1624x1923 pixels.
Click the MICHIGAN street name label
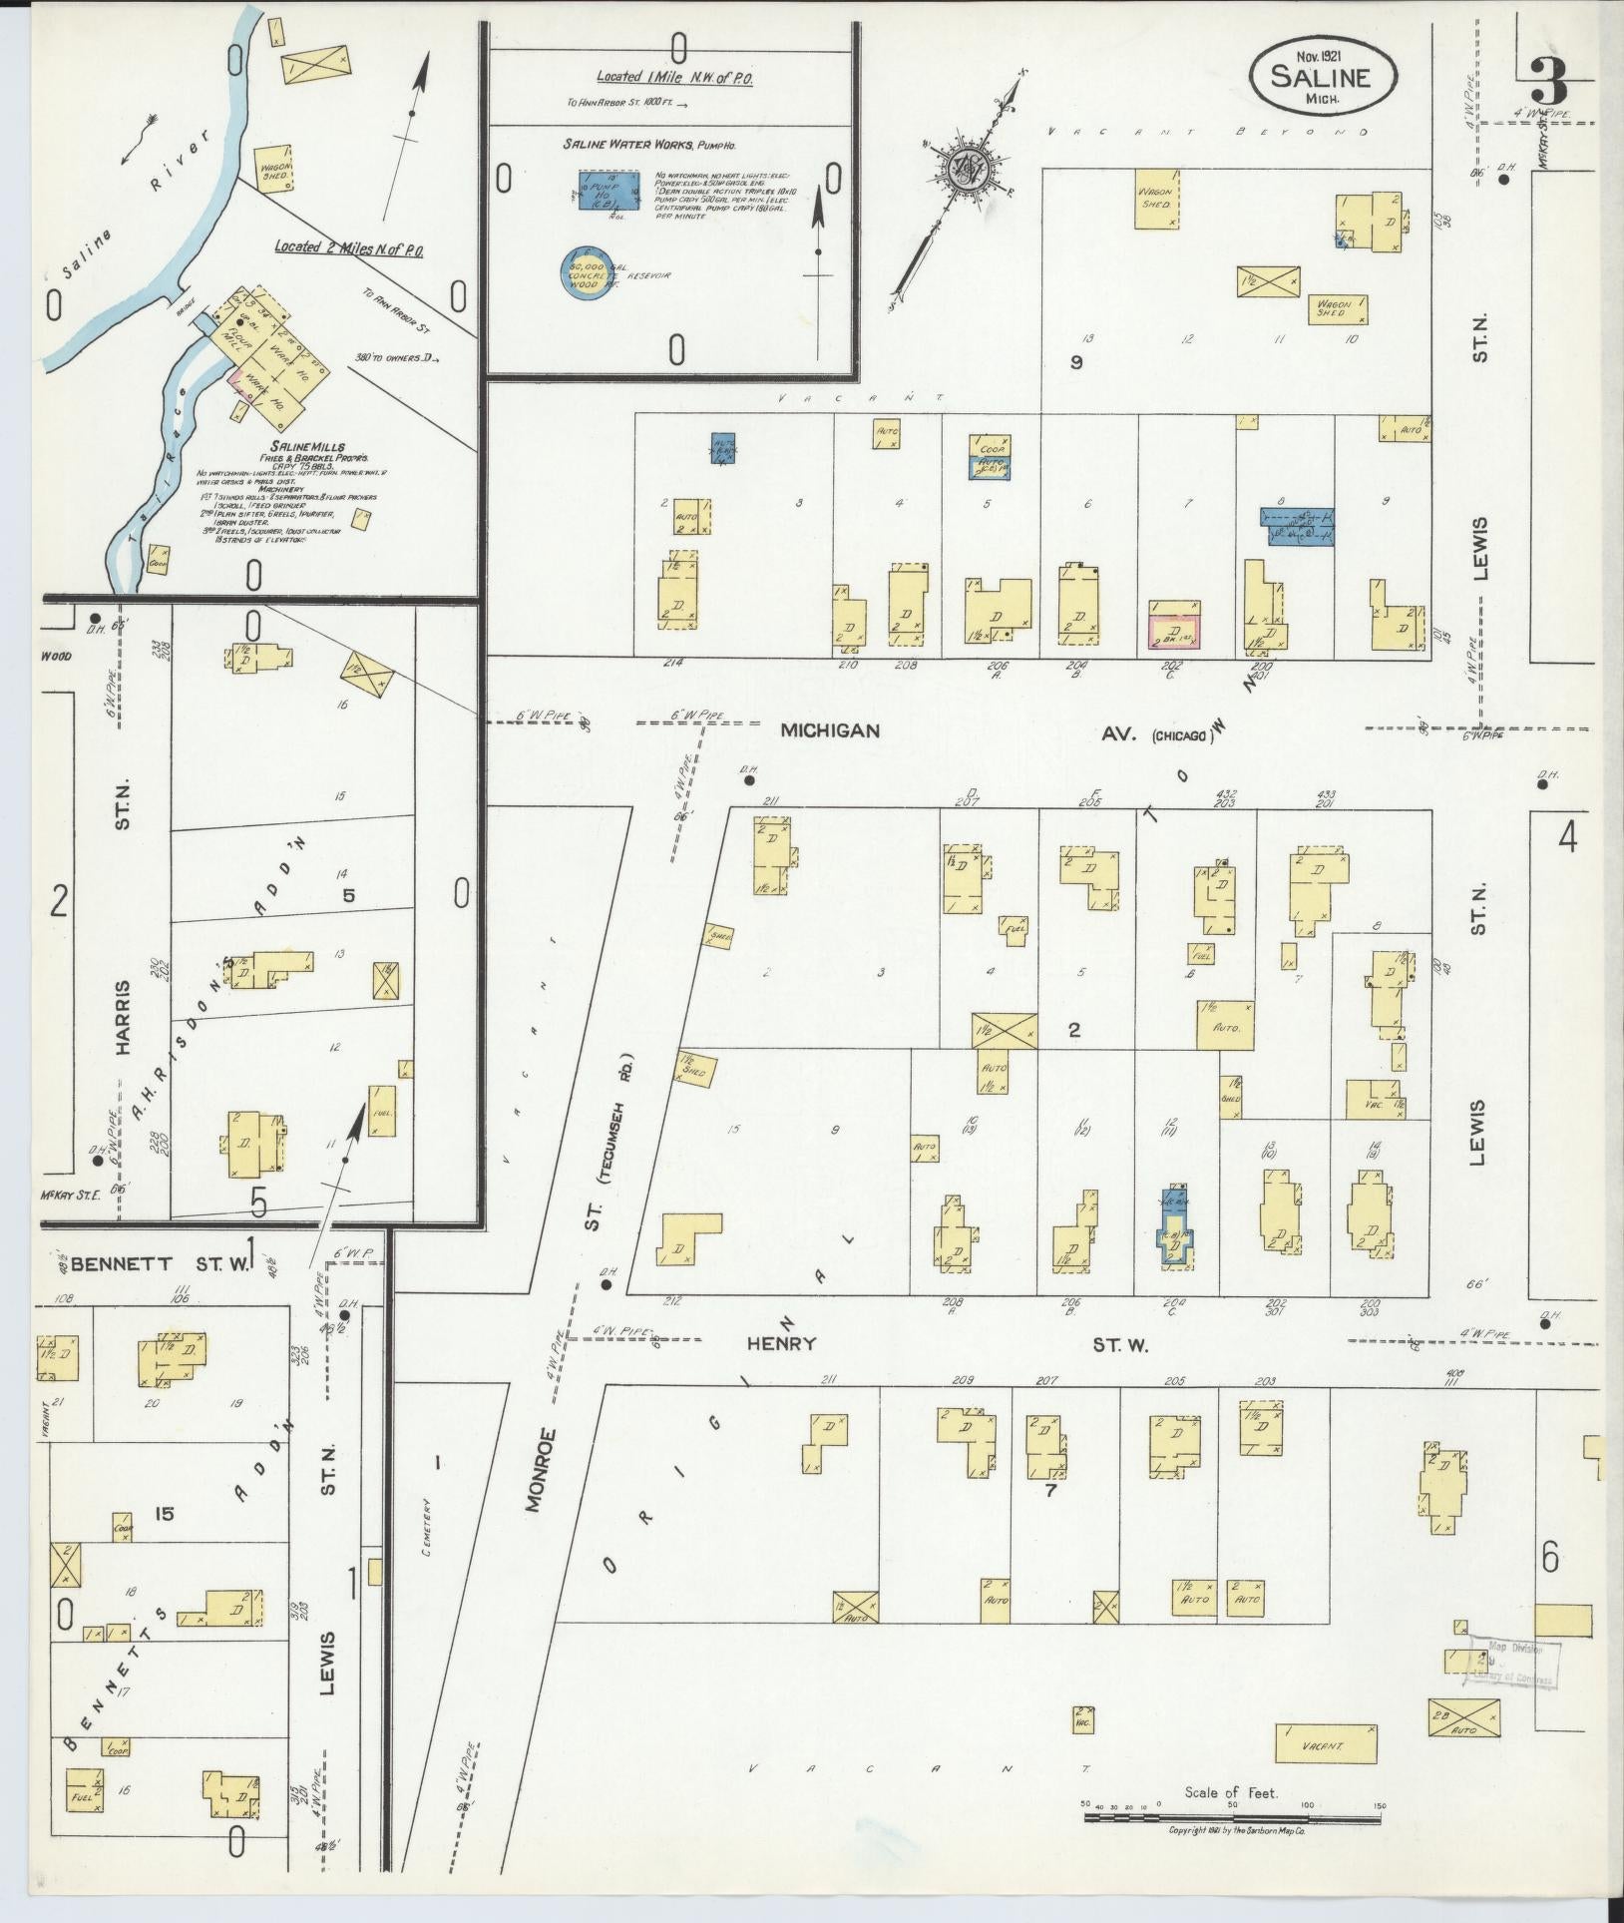click(830, 730)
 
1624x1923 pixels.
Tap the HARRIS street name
click(123, 1017)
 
